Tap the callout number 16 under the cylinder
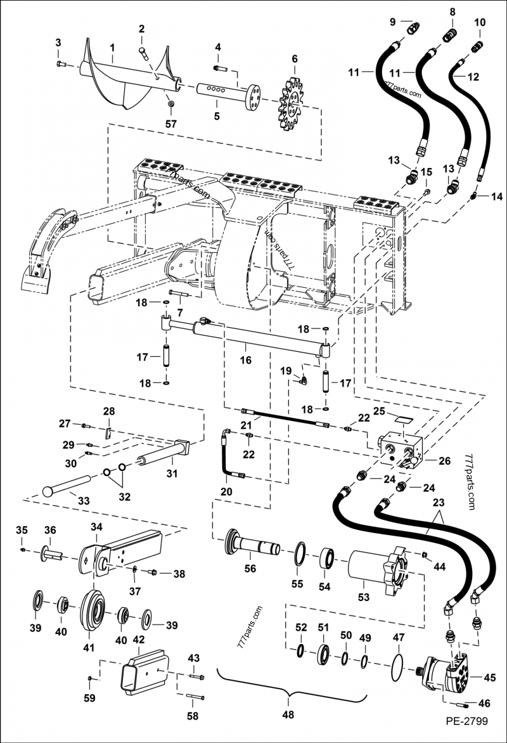[x=245, y=360]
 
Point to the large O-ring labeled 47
[x=398, y=666]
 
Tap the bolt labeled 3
[x=61, y=64]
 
